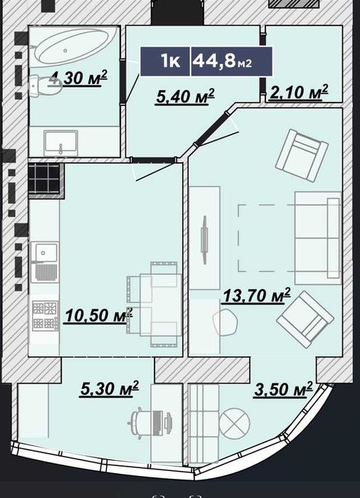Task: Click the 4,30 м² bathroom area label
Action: [78, 78]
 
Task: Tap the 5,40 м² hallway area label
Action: [185, 96]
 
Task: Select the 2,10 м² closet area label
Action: [298, 92]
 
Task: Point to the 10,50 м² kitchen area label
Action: [98, 315]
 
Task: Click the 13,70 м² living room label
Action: [257, 295]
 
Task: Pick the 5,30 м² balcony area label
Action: [110, 388]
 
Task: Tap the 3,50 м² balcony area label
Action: [283, 389]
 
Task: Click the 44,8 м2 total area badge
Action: [231, 61]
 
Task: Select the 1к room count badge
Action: [165, 61]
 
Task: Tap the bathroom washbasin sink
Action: [60, 143]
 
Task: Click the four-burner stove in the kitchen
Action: [45, 315]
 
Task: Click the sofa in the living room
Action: [318, 238]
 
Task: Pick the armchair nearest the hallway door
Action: [302, 156]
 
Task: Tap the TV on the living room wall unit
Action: [204, 240]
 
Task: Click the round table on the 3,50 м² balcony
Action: [235, 424]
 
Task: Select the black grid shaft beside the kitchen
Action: [44, 178]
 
